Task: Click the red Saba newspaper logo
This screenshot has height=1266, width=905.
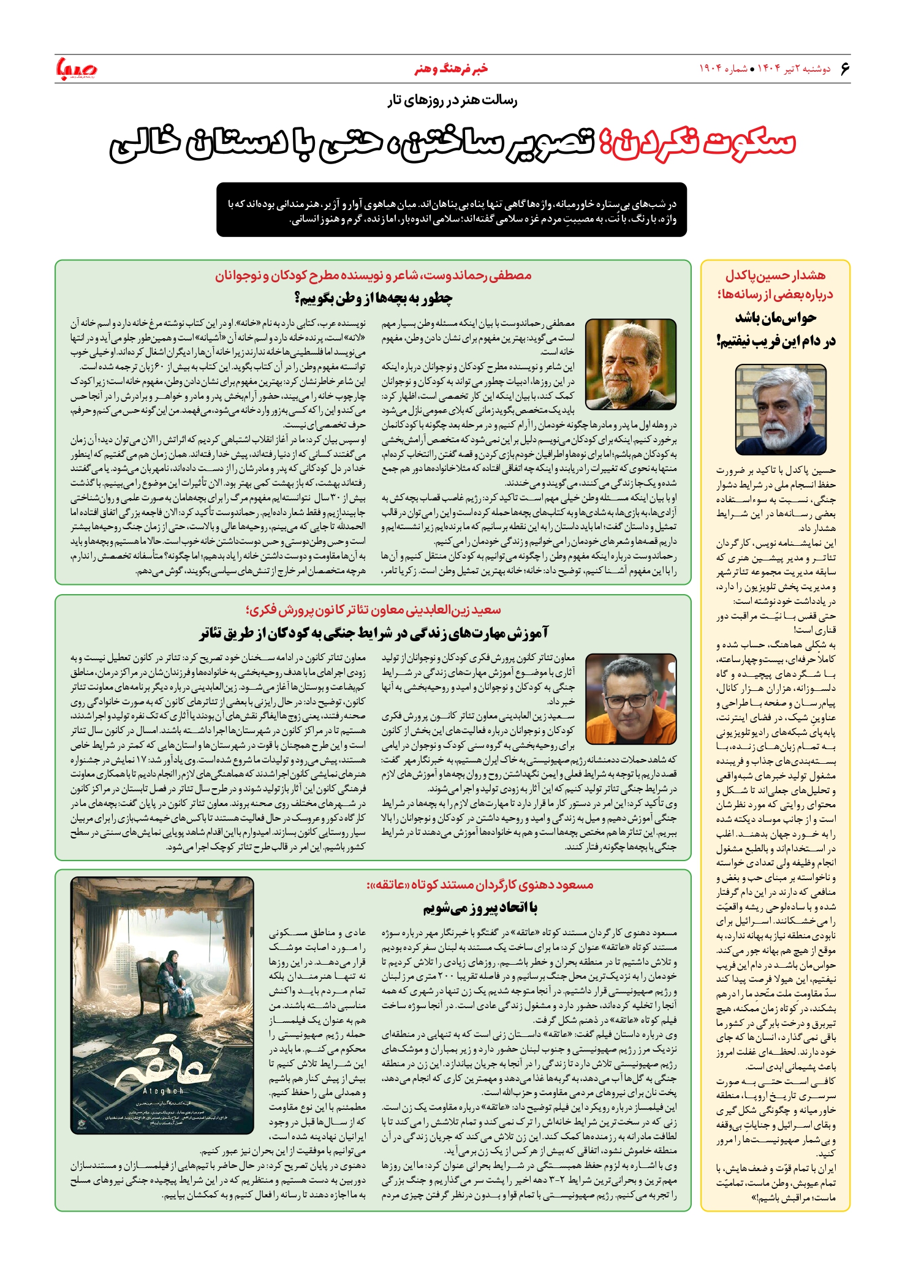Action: [x=77, y=69]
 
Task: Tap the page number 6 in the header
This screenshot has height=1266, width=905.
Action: [x=845, y=68]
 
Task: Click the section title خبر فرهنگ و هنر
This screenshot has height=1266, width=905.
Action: [x=451, y=69]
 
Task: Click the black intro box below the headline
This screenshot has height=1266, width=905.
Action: [x=451, y=210]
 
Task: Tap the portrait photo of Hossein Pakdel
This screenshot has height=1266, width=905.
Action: [x=780, y=410]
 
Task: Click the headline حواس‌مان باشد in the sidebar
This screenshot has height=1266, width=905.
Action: [x=776, y=318]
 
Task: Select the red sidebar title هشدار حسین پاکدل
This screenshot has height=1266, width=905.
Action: [x=776, y=276]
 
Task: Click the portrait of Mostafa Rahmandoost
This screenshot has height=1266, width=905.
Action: [x=630, y=364]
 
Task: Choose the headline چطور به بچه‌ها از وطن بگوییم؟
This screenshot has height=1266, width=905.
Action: [x=374, y=299]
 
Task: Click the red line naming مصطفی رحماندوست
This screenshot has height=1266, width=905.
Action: [x=374, y=276]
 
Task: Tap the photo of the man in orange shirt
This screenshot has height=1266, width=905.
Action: [x=630, y=699]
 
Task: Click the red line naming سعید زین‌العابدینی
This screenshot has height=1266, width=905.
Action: [x=374, y=610]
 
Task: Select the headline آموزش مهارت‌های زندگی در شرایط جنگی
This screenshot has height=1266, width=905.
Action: [x=374, y=633]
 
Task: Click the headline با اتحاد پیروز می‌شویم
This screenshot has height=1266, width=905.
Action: [x=480, y=908]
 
